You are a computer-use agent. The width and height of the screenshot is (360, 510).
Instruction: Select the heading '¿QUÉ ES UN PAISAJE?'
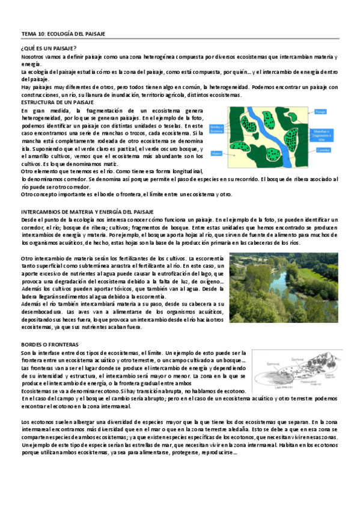click(x=48, y=48)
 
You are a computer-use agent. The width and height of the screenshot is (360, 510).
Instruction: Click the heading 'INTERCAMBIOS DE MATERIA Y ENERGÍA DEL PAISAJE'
click(x=88, y=212)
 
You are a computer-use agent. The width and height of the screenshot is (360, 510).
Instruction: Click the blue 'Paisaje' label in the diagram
click(x=337, y=112)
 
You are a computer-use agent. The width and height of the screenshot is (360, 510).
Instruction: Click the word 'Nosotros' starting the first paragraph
click(x=33, y=57)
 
